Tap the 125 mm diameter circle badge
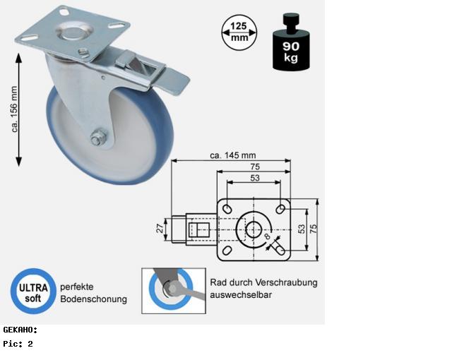(239, 32)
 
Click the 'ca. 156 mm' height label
(14, 109)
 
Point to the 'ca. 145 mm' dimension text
(233, 155)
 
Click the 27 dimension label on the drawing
(160, 229)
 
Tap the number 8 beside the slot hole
(267, 236)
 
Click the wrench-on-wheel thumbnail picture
(174, 291)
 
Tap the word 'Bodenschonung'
(94, 299)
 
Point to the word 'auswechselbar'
(241, 295)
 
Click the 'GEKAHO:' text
(20, 330)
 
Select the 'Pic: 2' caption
(18, 344)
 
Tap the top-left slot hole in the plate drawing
(227, 208)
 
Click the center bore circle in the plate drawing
(254, 229)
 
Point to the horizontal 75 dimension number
(255, 167)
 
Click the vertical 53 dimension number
(302, 229)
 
